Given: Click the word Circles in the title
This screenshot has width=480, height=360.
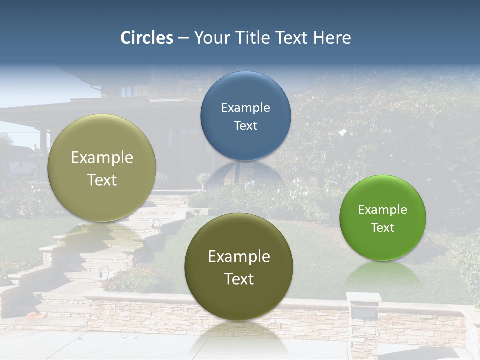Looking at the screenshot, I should click(146, 38).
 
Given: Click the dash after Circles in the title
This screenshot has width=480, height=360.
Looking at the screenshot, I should click(183, 38).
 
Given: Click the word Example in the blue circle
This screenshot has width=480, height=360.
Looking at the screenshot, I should click(245, 107).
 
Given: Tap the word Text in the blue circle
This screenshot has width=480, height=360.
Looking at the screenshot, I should click(245, 125).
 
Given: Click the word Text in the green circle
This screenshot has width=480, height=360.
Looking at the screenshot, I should click(382, 228).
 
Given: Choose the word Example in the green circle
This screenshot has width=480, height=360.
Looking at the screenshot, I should click(382, 210).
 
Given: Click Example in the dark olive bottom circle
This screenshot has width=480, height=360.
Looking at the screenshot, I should click(239, 257).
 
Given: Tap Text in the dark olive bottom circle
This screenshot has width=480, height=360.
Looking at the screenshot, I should click(239, 279).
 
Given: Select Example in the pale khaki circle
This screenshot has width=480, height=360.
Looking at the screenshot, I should click(102, 158).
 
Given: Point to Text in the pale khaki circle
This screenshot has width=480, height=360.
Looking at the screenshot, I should click(102, 180).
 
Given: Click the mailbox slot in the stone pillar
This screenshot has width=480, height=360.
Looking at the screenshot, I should click(364, 313).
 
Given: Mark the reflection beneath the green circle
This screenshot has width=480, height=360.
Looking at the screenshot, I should click(382, 275).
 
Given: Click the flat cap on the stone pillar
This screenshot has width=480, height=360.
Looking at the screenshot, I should click(364, 297).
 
